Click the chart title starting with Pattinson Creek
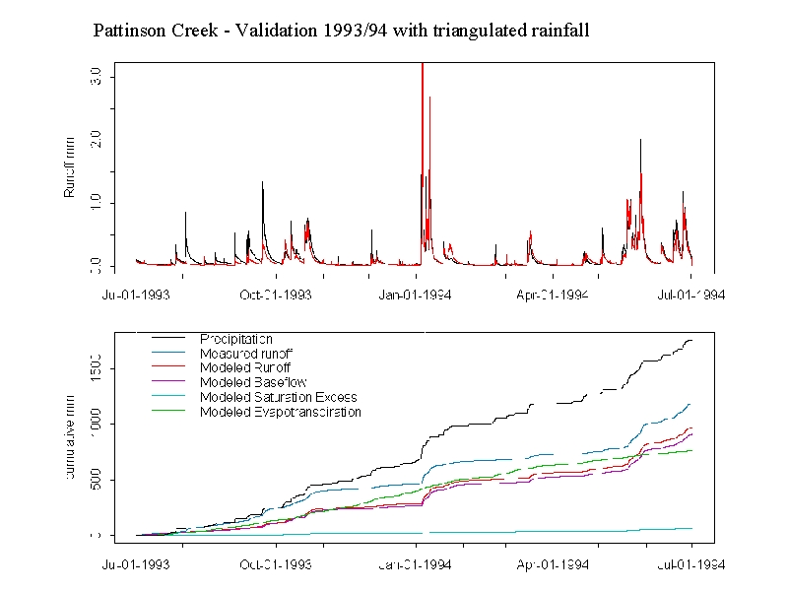click(341, 31)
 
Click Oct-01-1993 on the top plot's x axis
click(275, 294)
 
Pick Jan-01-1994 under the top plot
click(416, 294)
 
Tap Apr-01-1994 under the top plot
click(553, 294)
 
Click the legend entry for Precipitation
click(236, 340)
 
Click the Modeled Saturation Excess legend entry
click(278, 397)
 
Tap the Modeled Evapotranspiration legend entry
click(281, 412)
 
